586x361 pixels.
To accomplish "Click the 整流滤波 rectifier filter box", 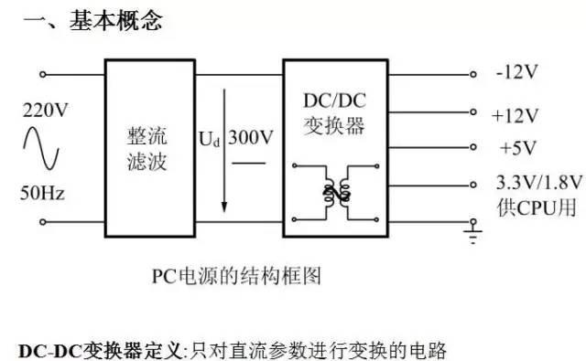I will click(x=147, y=146).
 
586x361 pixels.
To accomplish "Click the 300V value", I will click(x=249, y=140).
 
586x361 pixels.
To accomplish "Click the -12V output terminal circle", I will click(x=473, y=74).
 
